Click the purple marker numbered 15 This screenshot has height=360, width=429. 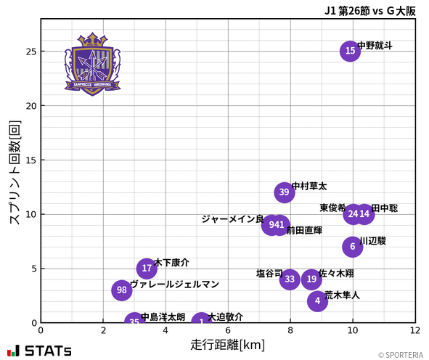[x=350, y=51]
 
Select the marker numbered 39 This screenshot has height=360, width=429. [x=285, y=192]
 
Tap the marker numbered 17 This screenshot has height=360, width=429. [x=147, y=269]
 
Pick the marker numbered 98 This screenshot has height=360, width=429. [x=122, y=290]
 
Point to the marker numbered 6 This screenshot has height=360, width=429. [x=352, y=247]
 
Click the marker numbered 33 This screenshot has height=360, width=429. [x=290, y=279]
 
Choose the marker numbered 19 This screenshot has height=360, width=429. [x=311, y=279]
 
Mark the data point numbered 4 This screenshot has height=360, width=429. [x=317, y=301]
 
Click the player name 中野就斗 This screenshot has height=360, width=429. [x=375, y=45]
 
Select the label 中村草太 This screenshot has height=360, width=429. [x=309, y=187]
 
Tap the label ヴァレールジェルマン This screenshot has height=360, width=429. [x=174, y=285]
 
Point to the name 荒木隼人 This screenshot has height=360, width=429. [x=342, y=295]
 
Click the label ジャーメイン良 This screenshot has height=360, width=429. [x=232, y=219]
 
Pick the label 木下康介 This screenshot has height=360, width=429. [x=172, y=263]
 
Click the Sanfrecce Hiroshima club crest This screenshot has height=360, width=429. [x=92, y=63]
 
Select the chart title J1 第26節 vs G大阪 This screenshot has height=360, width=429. [x=370, y=10]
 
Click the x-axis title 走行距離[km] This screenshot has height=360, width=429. [x=227, y=343]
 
